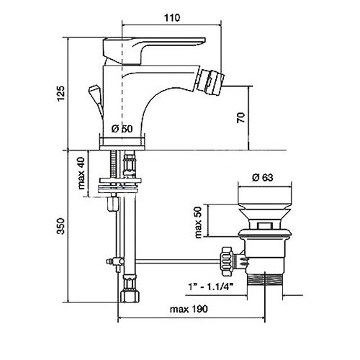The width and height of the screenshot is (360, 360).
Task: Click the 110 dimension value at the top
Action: pos(172,18)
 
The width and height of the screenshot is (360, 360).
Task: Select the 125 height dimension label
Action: pos(61,94)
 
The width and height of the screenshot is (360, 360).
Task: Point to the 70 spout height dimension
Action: pos(241,117)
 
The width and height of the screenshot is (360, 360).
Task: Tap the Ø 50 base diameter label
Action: pos(122,129)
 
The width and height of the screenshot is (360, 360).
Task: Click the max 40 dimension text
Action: pos(81,173)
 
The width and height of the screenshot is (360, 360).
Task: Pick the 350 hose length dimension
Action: pos(60,226)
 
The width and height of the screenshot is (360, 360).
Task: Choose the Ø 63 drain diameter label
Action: pos(263,177)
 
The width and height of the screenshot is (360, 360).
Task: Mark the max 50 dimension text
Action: pos(199,222)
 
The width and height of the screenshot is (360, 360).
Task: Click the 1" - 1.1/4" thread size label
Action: pos(211,287)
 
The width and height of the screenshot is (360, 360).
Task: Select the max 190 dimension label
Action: pos(189,309)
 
